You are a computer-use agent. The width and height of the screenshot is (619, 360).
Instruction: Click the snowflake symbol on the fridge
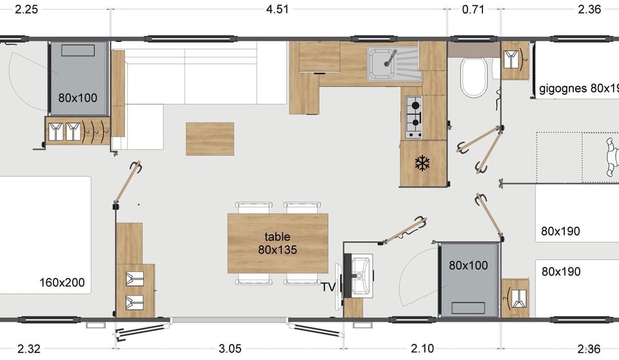point(422,163)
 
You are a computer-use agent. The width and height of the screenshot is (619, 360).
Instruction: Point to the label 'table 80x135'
point(277,243)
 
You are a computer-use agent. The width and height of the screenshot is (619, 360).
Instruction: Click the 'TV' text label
point(329,287)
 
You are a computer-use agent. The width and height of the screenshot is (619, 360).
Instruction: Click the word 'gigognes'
point(563,88)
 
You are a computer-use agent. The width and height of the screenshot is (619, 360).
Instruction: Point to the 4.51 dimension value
point(277,9)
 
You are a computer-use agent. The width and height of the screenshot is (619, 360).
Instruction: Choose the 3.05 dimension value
point(230,349)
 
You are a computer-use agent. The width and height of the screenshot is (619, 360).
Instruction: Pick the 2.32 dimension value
point(29,349)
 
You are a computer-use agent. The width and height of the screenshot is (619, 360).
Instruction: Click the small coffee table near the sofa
point(210,139)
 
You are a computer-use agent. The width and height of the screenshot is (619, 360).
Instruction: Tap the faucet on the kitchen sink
point(389,59)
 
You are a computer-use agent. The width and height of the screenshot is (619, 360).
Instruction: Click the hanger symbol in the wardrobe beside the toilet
point(514,59)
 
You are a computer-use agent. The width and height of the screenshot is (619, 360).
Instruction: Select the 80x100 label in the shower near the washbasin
point(469,265)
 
